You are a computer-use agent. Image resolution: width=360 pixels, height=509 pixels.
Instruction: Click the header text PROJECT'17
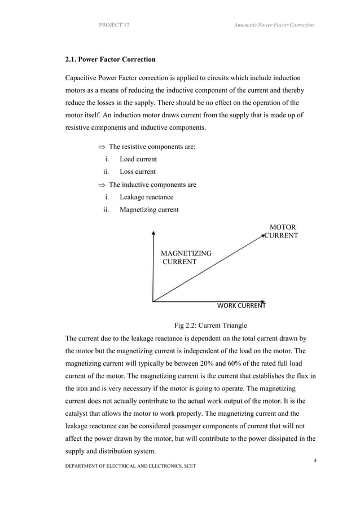114,25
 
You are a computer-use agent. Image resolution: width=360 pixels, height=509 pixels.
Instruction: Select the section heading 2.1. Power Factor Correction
111,59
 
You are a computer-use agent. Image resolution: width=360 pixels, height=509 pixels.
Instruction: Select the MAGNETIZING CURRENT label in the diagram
186,258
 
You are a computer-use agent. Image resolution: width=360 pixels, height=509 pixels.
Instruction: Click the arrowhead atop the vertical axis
153,231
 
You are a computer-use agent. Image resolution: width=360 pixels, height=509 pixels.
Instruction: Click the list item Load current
138,159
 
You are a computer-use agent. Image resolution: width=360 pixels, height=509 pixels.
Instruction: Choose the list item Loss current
138,172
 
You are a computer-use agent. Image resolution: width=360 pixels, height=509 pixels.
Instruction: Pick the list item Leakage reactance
146,197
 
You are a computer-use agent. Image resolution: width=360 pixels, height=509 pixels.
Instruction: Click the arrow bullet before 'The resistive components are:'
102,147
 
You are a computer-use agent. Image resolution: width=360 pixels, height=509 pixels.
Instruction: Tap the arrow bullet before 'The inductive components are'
102,185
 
